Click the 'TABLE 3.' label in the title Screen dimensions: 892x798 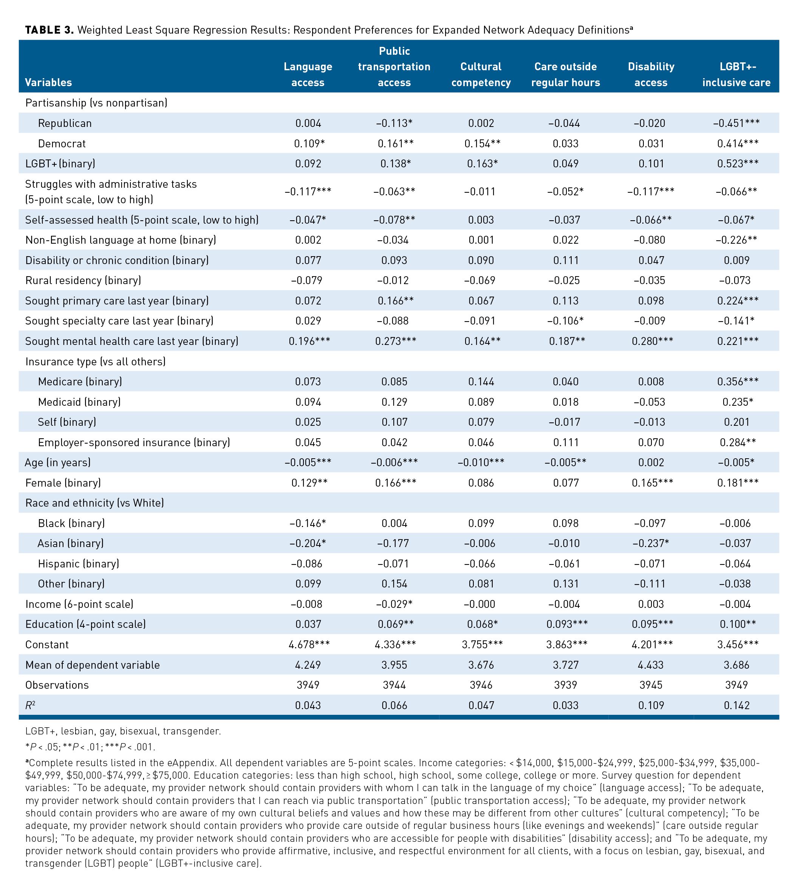point(49,30)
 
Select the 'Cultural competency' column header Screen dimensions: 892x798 point(481,74)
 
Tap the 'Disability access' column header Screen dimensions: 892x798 point(651,74)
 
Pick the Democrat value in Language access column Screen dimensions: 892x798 point(309,143)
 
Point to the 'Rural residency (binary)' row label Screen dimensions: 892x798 point(83,281)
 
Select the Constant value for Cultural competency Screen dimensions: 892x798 point(481,644)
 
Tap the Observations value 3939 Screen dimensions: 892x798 point(565,685)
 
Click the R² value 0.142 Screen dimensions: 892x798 point(737,705)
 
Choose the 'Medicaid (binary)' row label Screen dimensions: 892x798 point(79,402)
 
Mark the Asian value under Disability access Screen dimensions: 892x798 point(651,543)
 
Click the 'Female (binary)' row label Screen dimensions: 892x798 point(63,482)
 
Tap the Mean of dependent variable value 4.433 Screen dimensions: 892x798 point(651,665)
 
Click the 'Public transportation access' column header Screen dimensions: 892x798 point(394,66)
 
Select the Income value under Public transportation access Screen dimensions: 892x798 point(394,604)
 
